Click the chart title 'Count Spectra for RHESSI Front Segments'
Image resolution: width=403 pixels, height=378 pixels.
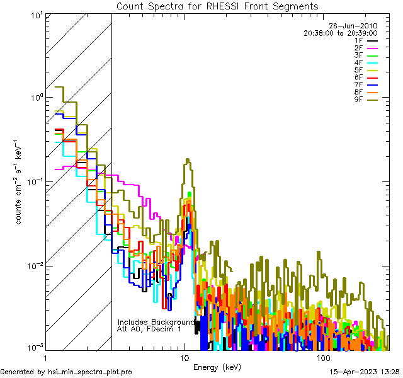click(217, 6)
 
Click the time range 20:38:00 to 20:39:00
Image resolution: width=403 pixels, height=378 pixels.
click(340, 33)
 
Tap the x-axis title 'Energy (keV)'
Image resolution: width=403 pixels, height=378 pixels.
click(217, 367)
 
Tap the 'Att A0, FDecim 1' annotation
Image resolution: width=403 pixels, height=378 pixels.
click(149, 329)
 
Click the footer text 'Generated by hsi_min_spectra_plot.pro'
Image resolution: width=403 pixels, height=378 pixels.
click(66, 372)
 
